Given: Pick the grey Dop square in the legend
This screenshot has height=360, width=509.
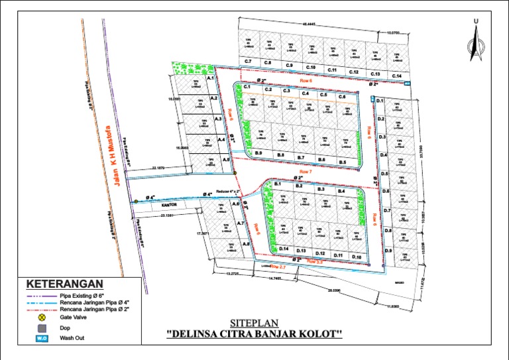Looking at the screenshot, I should [42, 328].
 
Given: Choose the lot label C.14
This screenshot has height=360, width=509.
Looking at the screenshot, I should [396, 76].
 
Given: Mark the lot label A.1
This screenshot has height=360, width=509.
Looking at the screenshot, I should [211, 78].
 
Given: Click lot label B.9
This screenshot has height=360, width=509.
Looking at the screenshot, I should [258, 154].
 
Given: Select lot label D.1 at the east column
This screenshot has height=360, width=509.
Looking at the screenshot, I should [381, 101].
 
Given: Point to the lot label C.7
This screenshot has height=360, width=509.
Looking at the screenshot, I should [248, 62].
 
